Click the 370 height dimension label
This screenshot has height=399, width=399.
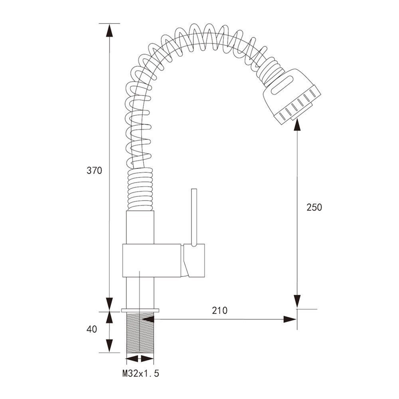click(95, 170)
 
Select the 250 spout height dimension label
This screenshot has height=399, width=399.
click(314, 207)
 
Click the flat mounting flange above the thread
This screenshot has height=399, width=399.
click(140, 310)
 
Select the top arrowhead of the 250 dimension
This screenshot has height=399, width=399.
click(297, 125)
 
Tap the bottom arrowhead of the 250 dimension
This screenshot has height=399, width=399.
click(297, 301)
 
